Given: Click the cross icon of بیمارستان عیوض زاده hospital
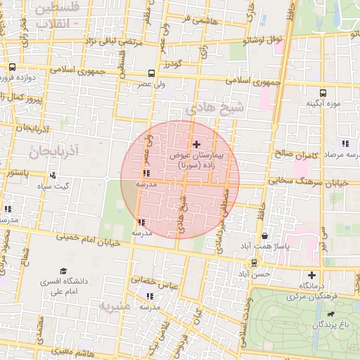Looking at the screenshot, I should point(195,143).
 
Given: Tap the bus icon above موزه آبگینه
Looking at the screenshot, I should point(323,92).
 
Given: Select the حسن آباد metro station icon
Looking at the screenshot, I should point(254,262).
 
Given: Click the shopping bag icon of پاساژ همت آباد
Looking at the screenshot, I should point(264,236).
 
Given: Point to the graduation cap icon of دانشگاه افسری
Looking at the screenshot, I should point(64,271).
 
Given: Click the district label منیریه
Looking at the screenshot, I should point(115,307).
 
